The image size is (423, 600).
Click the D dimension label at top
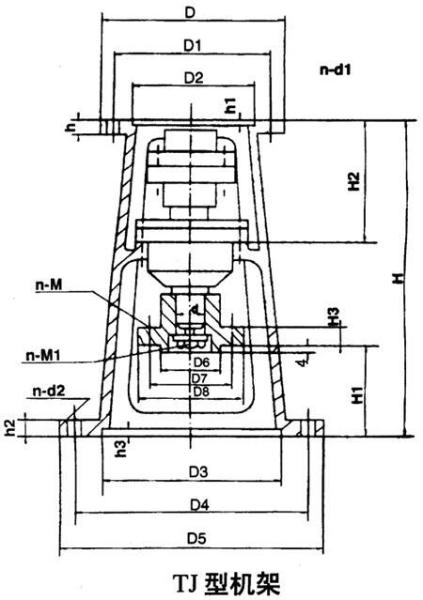[191, 13]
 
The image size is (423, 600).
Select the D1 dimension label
[194, 43]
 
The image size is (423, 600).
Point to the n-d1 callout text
[335, 69]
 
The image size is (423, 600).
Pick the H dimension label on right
[399, 278]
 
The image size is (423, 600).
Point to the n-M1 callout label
[41, 355]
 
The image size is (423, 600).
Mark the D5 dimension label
[196, 538]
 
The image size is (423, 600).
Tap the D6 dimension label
[200, 362]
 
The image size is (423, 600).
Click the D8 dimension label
[200, 390]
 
